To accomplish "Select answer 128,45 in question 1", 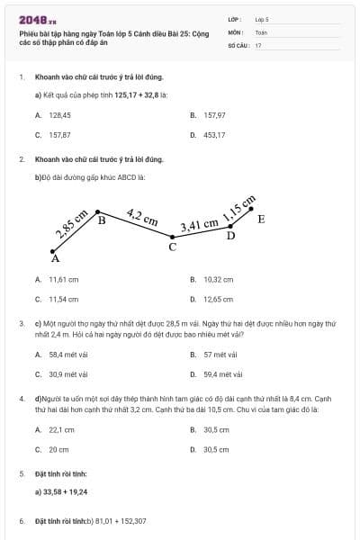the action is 59,116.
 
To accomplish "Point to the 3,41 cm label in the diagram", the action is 199,225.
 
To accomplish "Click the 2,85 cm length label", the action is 71,223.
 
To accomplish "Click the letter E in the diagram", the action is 261,219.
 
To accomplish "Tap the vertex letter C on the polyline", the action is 173,247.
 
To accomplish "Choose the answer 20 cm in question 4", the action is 58,449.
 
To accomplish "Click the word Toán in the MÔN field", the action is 261,31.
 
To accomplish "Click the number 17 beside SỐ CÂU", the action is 258,45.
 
